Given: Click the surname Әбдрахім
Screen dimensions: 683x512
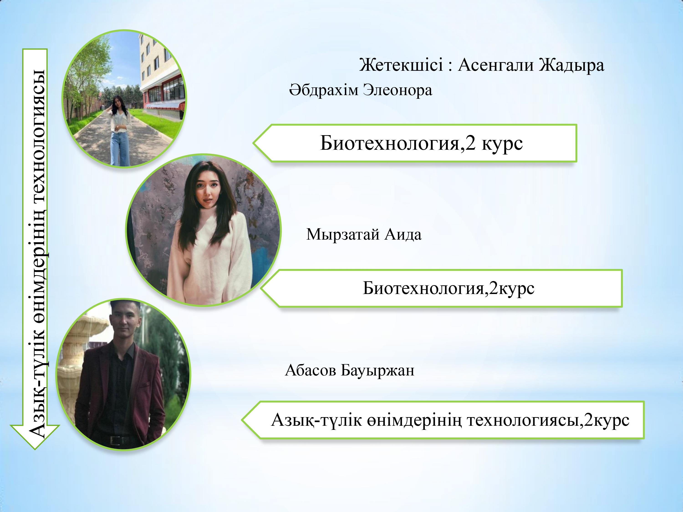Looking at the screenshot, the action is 324,90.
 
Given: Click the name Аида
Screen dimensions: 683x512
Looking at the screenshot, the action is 403,235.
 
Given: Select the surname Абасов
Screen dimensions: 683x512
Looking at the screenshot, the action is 310,370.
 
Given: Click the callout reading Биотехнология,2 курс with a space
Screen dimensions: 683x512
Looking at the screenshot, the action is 415,143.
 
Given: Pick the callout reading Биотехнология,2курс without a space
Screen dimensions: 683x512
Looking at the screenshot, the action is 441,288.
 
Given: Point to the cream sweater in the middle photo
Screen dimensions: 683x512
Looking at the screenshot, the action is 210,256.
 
